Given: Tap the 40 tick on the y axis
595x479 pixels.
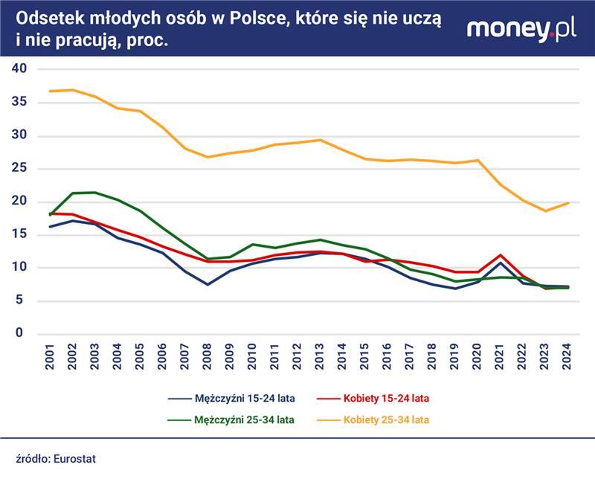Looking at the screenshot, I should coord(19,68).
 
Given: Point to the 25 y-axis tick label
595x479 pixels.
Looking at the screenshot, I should coord(19,168).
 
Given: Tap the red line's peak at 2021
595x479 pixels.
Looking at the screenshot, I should coord(501,255).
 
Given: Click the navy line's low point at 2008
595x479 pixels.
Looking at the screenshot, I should coord(208,284).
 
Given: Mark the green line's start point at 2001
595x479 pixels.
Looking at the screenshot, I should coord(51,215).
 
